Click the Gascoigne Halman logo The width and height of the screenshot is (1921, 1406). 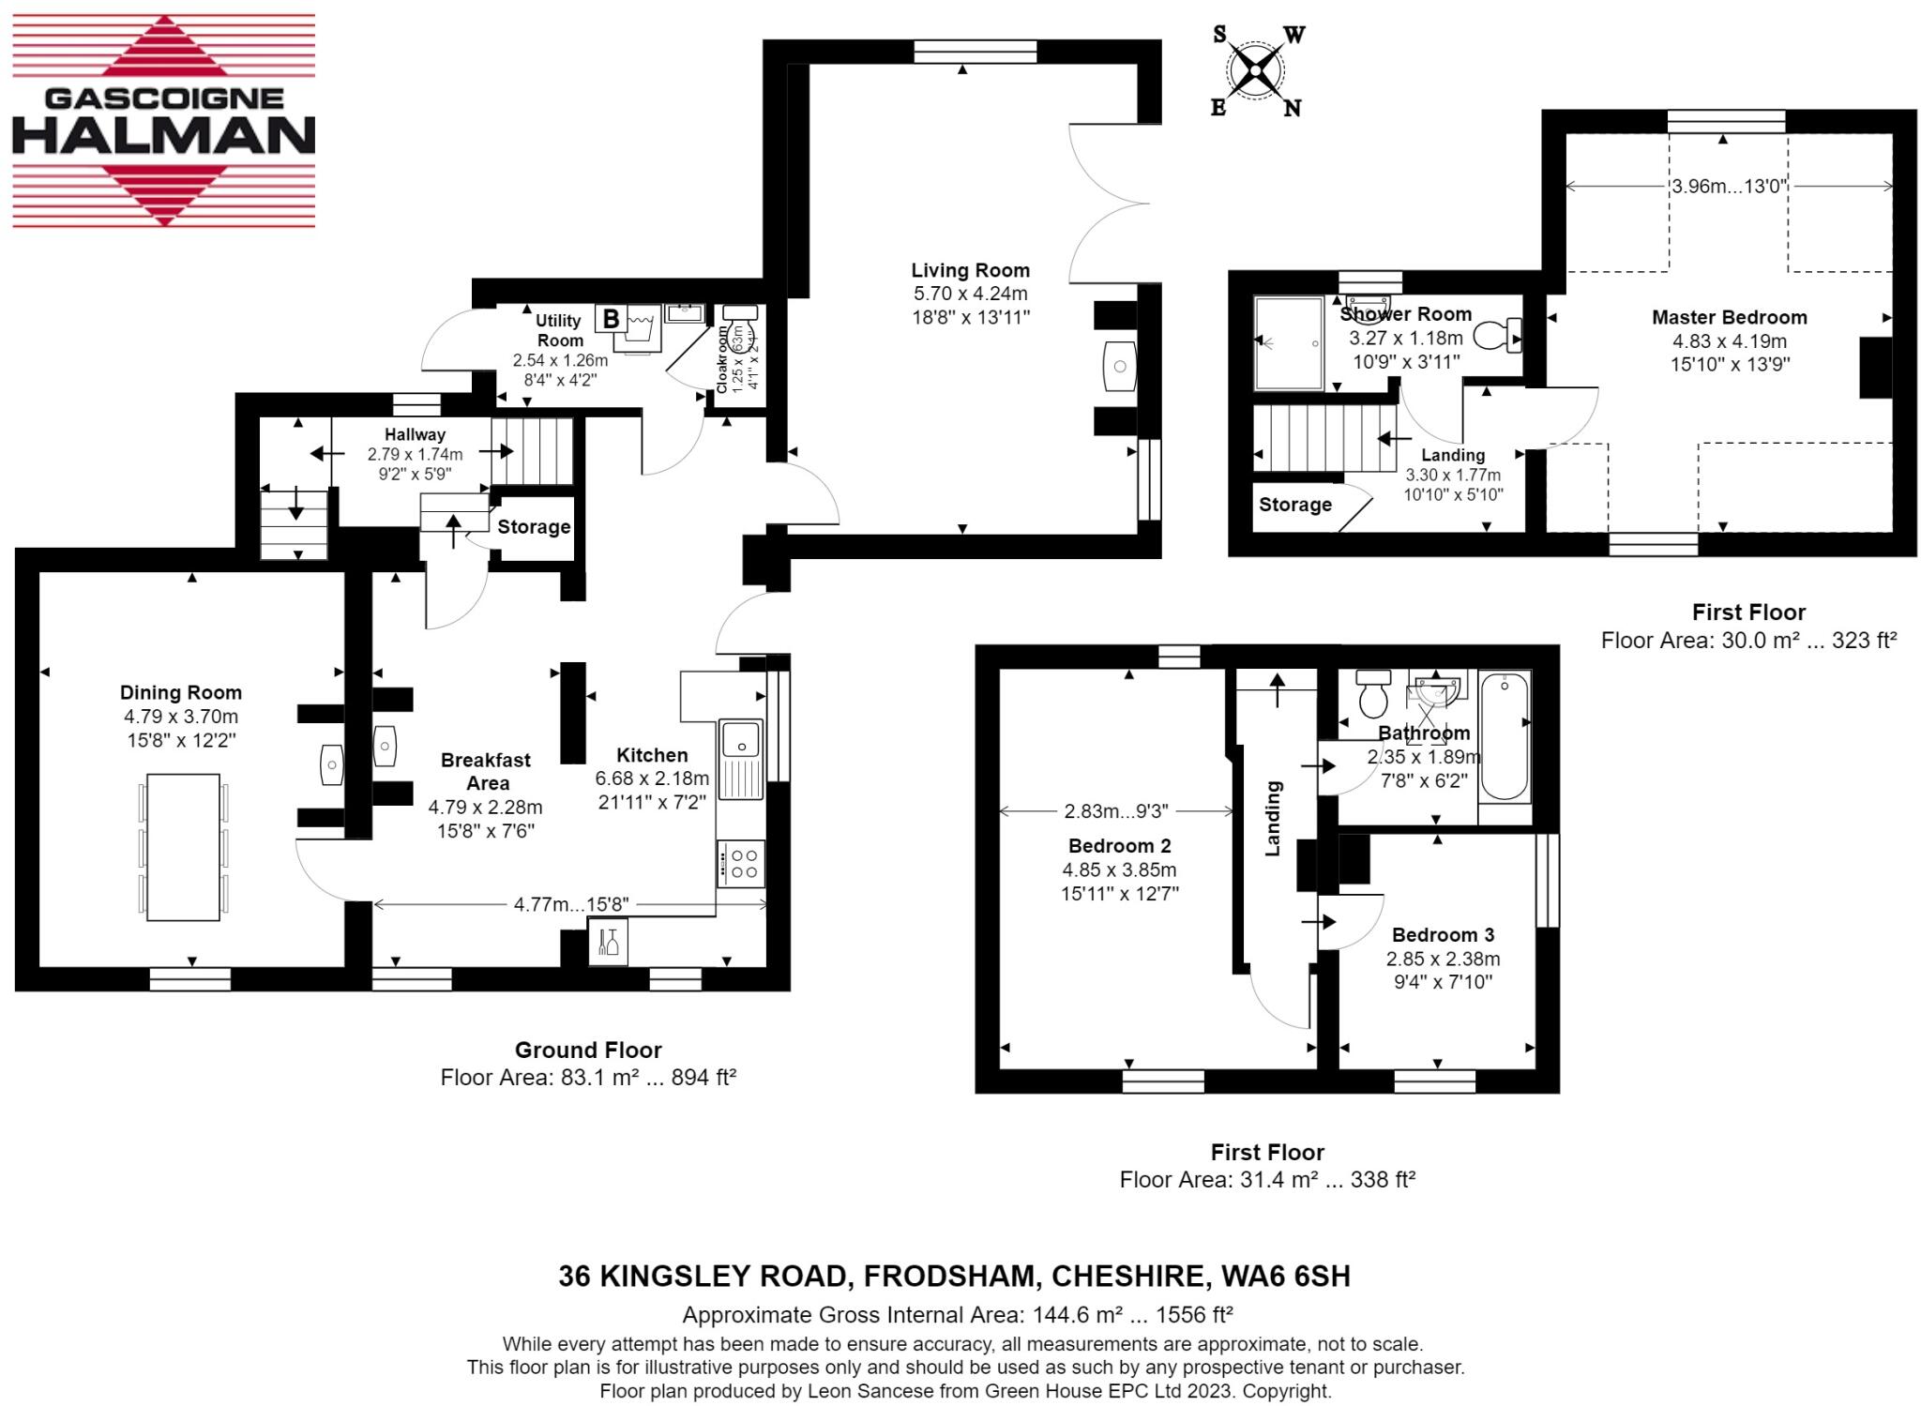163,120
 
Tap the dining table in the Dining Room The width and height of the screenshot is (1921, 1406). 183,846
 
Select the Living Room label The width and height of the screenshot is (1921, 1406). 971,270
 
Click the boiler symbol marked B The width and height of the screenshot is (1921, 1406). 611,319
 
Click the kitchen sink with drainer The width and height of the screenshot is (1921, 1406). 741,758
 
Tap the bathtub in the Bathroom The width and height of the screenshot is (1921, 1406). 1504,737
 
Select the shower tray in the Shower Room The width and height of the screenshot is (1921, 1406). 1288,342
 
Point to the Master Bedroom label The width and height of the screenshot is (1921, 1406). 1729,317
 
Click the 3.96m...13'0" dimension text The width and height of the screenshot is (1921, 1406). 1729,186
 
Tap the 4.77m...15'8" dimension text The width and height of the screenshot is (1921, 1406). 570,904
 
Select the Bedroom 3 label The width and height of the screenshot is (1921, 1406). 1443,934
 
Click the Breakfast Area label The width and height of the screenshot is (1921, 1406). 486,771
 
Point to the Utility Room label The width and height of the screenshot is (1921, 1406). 559,330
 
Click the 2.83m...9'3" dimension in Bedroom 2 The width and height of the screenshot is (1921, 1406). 1115,810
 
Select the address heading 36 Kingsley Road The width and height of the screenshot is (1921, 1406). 954,1276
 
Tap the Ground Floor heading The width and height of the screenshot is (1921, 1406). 588,1050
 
